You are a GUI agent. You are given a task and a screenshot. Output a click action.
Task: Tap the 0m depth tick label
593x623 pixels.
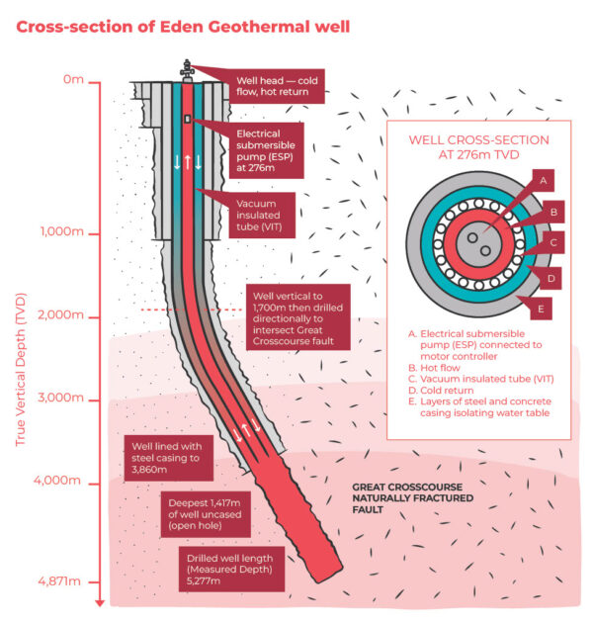click(x=73, y=80)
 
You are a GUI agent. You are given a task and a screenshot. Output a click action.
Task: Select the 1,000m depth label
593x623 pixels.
click(x=60, y=233)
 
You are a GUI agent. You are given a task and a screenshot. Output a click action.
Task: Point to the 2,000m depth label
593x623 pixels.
click(x=60, y=316)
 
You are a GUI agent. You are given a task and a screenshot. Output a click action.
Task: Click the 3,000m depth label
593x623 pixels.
click(x=60, y=400)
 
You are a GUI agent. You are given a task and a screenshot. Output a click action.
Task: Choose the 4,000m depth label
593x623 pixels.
click(x=60, y=483)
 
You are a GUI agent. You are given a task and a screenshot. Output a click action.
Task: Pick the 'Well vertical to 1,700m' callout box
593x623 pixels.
click(x=296, y=317)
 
